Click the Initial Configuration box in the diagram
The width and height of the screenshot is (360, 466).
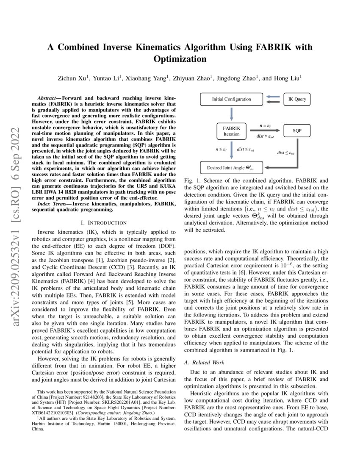[231, 100]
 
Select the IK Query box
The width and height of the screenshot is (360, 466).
[297, 100]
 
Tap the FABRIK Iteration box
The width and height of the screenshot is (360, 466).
[231, 131]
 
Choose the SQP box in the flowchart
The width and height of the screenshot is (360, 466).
[297, 131]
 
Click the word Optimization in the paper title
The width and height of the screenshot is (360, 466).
[180, 59]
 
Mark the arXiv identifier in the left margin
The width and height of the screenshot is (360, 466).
[17, 203]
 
